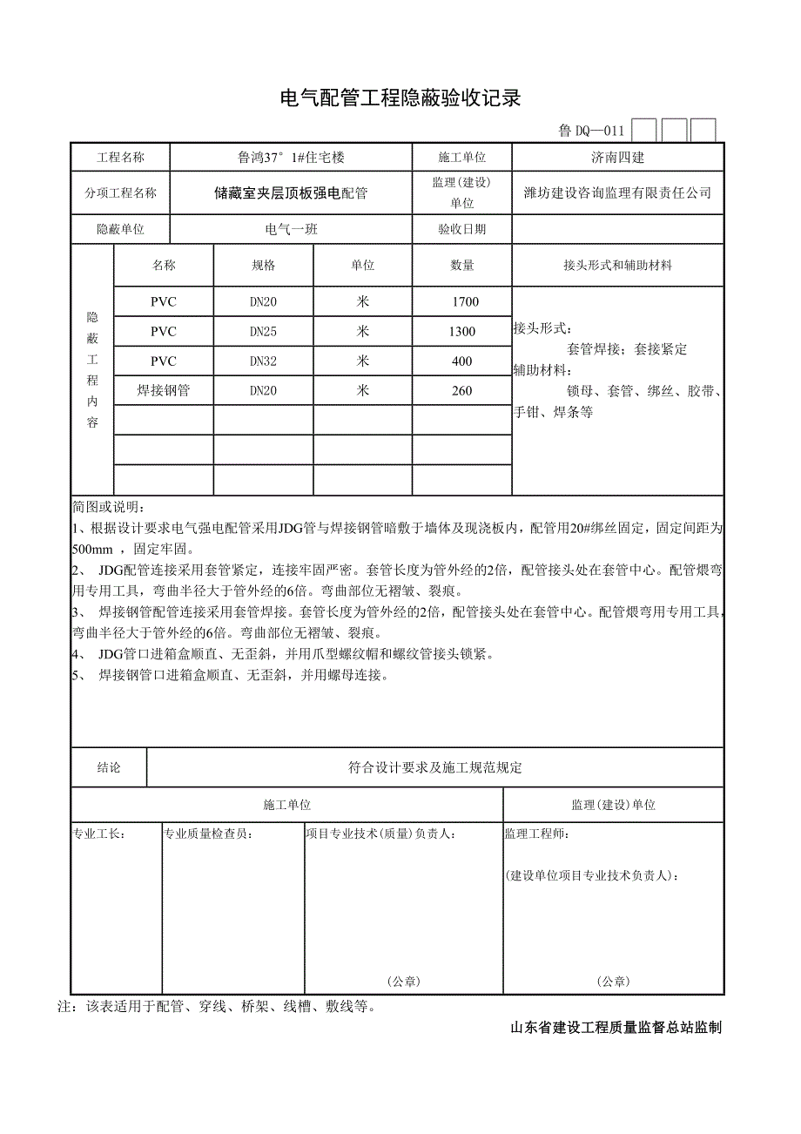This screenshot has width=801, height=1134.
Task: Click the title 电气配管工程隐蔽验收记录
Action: tap(400, 98)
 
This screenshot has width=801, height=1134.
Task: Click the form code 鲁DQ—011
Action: tap(591, 132)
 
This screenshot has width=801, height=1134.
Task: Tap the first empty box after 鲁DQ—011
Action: tap(644, 131)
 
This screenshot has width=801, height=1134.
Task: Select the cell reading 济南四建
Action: tap(617, 158)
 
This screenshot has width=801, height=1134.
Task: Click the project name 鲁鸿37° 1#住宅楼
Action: tap(291, 158)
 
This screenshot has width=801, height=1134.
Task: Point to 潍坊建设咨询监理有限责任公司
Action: tap(617, 192)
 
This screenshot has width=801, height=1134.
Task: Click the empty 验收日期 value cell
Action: tap(617, 230)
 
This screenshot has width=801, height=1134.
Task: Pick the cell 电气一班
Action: tap(291, 230)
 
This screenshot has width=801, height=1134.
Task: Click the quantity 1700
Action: tap(461, 302)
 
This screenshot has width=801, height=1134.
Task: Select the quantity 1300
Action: tap(461, 332)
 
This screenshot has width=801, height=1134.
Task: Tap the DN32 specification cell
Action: tap(263, 361)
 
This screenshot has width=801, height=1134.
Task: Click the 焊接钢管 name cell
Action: tap(163, 391)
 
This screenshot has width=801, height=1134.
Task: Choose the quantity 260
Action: tap(461, 391)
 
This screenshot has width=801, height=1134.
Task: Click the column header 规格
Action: tap(263, 266)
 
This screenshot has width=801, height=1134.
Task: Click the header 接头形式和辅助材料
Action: tap(617, 266)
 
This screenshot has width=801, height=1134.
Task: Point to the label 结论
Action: tap(109, 767)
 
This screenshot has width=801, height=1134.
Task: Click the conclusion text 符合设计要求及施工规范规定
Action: tap(434, 767)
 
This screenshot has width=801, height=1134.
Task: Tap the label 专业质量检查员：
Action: tap(209, 834)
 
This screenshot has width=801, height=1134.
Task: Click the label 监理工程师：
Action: tap(537, 834)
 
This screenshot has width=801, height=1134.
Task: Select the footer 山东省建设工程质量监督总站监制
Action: tap(616, 1028)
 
